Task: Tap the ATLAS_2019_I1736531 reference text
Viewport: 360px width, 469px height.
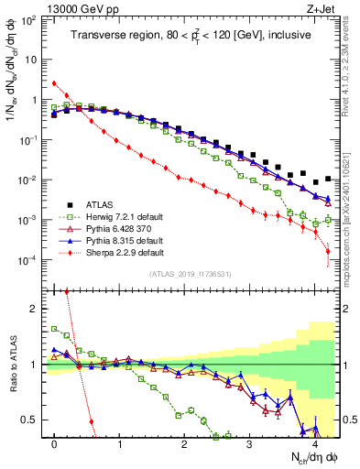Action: pos(190,274)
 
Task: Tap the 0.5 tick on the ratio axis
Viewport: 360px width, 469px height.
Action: pos(33,420)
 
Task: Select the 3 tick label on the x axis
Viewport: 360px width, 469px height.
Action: pos(250,443)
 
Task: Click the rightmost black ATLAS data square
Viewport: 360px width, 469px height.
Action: pos(329,180)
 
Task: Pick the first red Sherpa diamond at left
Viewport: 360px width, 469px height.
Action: pos(54,83)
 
